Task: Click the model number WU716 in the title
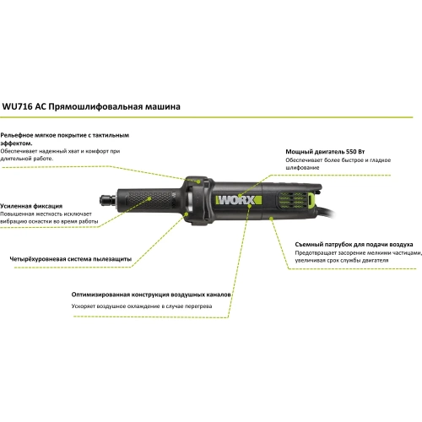point(17,107)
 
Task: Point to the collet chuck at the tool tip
point(108,200)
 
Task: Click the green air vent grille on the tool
point(292,200)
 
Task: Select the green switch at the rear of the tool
point(311,200)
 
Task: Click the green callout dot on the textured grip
point(149,198)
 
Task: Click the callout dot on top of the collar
point(198,181)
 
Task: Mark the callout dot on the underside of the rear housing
point(271,218)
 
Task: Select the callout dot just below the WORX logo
point(249,206)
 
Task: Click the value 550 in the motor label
point(351,152)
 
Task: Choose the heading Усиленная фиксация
point(31,206)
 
